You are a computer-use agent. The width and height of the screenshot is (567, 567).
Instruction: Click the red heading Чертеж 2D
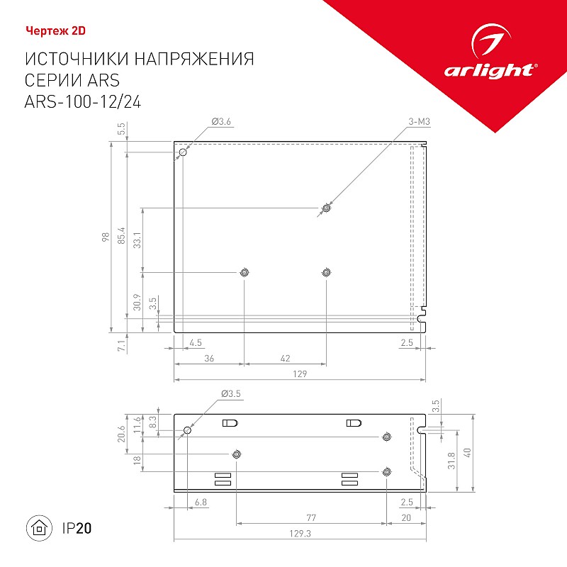tap(56, 31)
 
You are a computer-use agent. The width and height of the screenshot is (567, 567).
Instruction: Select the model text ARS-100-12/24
tap(83, 101)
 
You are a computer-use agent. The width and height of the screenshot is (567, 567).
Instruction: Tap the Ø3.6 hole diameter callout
tap(221, 121)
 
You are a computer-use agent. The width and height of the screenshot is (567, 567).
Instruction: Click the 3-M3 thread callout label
tap(419, 121)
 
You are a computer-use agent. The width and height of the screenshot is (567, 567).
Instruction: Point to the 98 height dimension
tap(105, 237)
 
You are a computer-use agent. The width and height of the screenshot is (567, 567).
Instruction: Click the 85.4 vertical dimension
tap(121, 235)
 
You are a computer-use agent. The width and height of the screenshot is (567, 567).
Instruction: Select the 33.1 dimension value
tap(137, 240)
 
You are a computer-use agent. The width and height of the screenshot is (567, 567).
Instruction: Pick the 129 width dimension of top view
tap(300, 374)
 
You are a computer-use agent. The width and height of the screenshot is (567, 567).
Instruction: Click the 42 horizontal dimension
tap(286, 358)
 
